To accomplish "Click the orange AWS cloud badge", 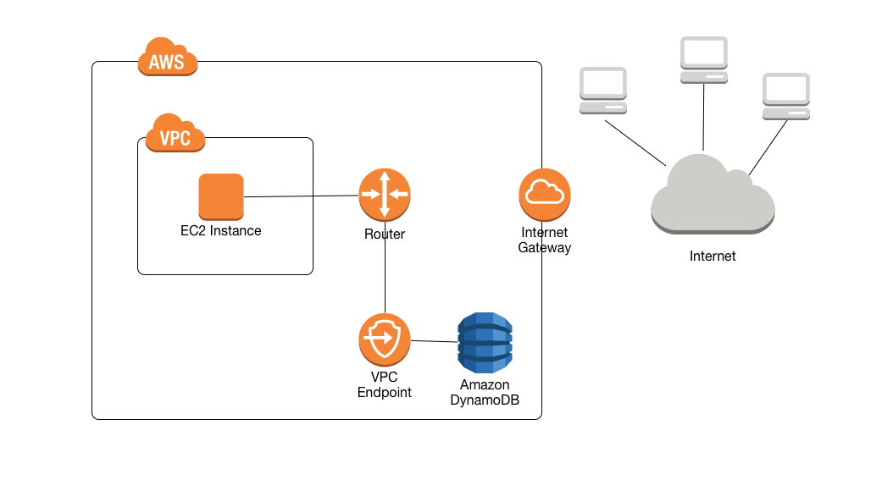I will [x=168, y=58].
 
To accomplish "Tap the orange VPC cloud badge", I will [x=175, y=135].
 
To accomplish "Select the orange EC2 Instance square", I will [x=221, y=196].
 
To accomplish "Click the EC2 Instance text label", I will [x=221, y=231].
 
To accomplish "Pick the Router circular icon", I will [x=384, y=194].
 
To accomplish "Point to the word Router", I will [x=385, y=234].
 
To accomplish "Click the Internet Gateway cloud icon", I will [x=544, y=194].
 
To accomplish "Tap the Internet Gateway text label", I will [x=544, y=240].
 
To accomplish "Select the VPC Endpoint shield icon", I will [x=384, y=339].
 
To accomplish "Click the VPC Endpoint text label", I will [x=384, y=385].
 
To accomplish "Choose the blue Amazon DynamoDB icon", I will [x=485, y=343].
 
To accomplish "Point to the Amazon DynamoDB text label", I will [x=485, y=393].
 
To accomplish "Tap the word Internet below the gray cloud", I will [x=713, y=257].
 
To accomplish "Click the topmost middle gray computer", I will [x=704, y=60].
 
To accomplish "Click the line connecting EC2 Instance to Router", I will [x=301, y=196].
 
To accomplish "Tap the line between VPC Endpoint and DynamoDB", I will [x=434, y=341].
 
